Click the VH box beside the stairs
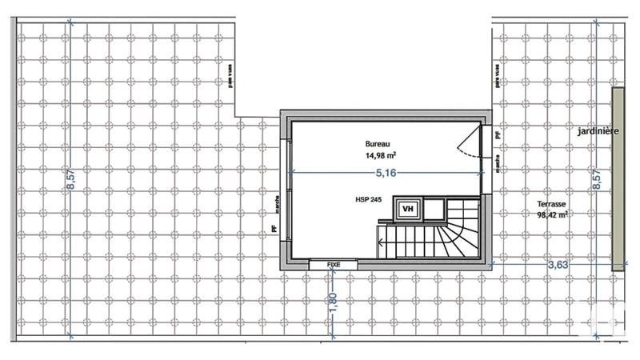click(408, 210)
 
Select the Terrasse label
click(552, 203)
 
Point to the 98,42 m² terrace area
click(552, 214)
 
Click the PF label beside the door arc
click(498, 136)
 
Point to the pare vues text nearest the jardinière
click(498, 78)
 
